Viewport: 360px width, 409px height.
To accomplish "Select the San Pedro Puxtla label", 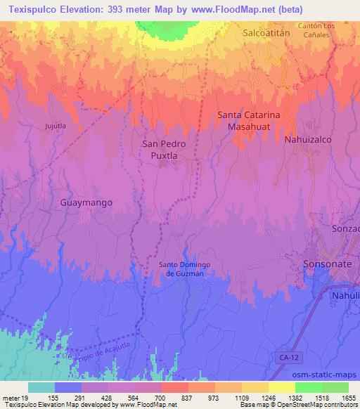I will (164, 150).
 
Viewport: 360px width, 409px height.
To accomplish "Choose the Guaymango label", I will (86, 202).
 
